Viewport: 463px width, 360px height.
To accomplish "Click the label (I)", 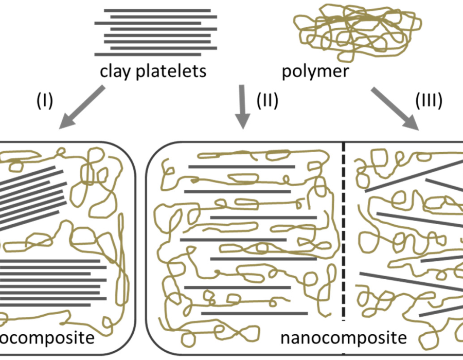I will click(45, 101).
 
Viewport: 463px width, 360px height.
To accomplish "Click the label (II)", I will click(267, 101).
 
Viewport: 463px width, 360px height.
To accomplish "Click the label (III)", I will click(429, 101).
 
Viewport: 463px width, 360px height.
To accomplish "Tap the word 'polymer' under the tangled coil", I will click(315, 71).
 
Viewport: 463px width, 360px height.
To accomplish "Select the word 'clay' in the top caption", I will click(115, 71).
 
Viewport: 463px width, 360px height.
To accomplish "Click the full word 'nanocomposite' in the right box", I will click(344, 338).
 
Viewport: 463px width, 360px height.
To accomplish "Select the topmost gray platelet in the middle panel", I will click(242, 167).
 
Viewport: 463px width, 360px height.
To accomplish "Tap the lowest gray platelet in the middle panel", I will click(243, 313).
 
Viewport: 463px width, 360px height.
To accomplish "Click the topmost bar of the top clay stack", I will click(157, 10).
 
